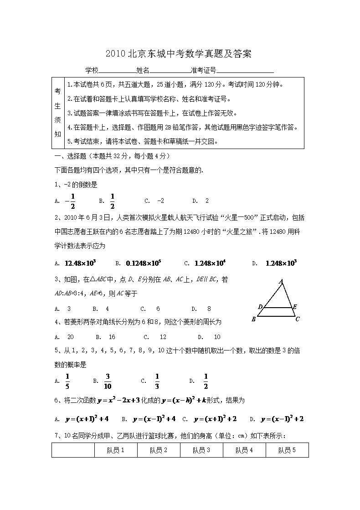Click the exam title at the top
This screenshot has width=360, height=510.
click(179, 54)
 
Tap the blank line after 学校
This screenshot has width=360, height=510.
click(117, 71)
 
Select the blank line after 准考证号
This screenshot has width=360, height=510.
click(245, 71)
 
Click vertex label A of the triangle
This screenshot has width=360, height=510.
click(281, 281)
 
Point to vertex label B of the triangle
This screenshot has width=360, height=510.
click(254, 319)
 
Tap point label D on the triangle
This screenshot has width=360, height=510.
click(260, 307)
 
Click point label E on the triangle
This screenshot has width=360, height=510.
click(295, 307)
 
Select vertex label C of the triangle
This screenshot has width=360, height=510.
click(297, 319)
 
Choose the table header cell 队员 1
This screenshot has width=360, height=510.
click(116, 450)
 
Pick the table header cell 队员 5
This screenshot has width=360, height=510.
click(287, 450)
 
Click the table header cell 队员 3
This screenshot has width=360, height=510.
click(201, 450)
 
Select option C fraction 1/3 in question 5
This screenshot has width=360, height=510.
click(157, 381)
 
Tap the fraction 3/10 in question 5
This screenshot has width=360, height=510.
click(108, 381)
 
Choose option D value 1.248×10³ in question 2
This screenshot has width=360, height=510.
click(281, 263)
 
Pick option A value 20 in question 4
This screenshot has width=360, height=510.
click(71, 337)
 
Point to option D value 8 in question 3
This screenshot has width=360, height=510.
click(209, 309)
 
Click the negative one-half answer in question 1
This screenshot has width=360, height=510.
click(70, 201)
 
